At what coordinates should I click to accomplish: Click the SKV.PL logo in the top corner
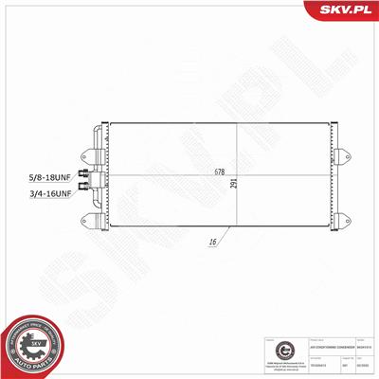point(347,12)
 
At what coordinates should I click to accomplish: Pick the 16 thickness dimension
point(214,244)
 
